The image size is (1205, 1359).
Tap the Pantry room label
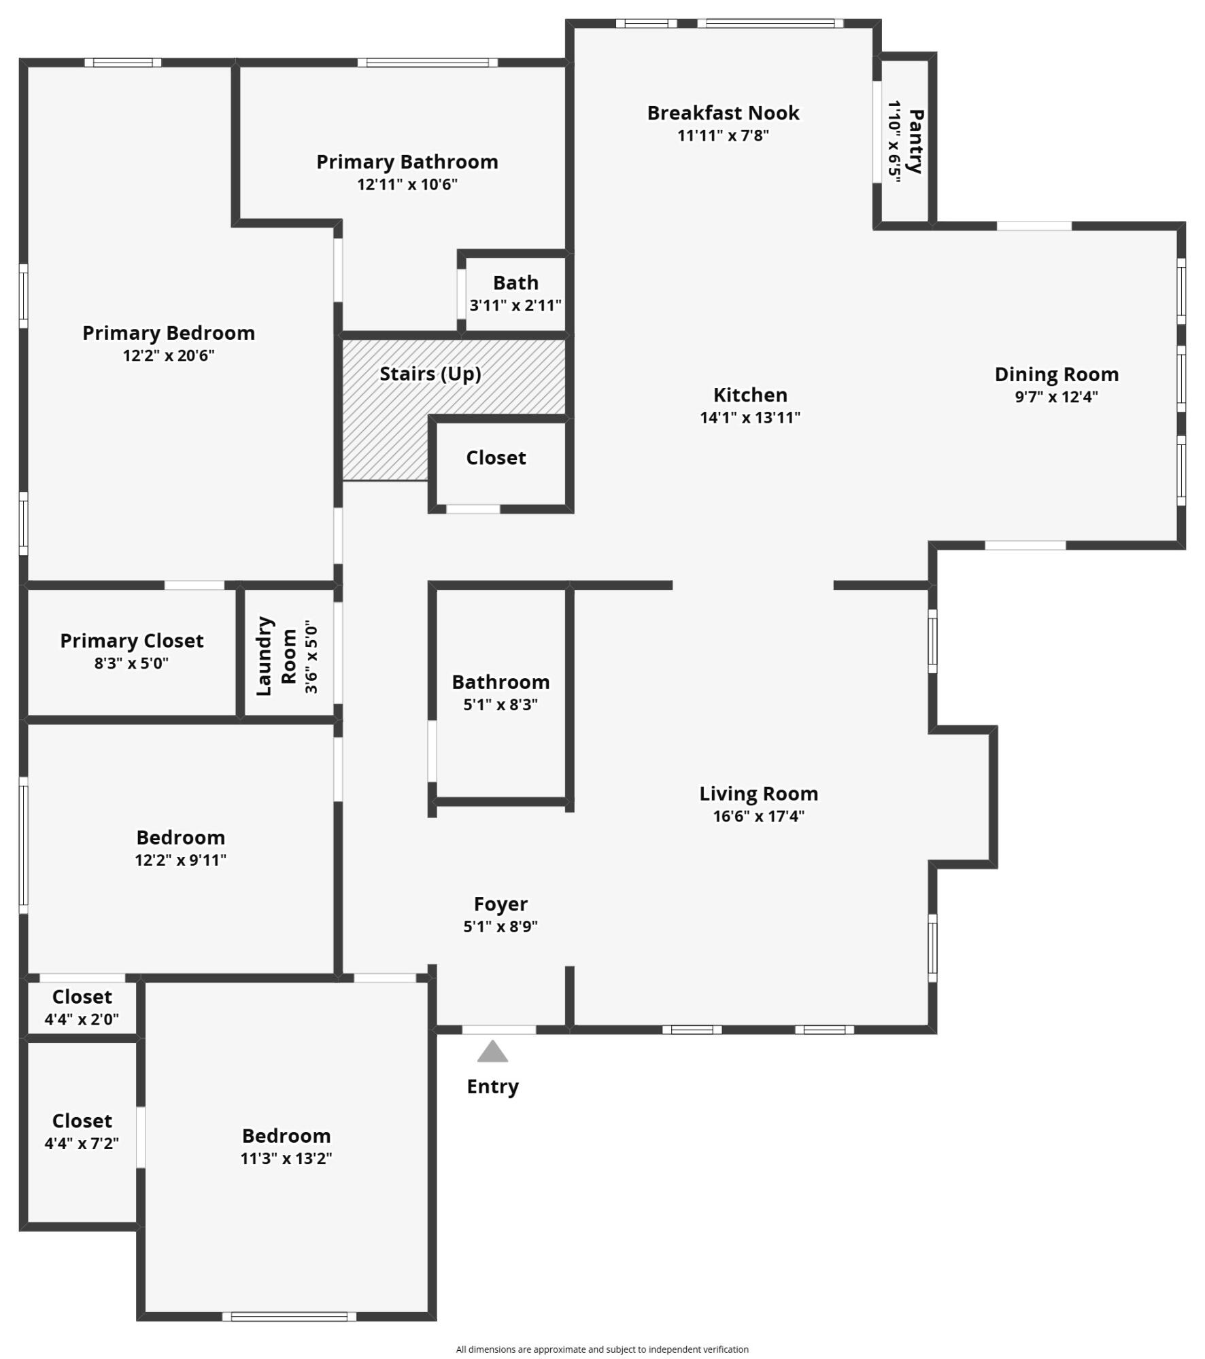click(916, 141)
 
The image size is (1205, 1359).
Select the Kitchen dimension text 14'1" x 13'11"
click(750, 417)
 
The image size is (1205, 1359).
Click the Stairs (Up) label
click(430, 374)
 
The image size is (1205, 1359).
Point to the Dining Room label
click(1056, 374)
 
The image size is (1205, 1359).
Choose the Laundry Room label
click(276, 656)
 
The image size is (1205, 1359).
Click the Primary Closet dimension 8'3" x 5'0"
click(131, 663)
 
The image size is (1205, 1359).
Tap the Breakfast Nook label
click(723, 113)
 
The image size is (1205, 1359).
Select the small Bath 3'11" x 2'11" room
click(515, 293)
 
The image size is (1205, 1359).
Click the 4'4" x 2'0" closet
click(82, 1008)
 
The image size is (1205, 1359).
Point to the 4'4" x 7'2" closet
click(82, 1133)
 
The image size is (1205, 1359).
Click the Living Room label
click(758, 794)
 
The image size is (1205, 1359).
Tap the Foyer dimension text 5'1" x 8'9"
click(500, 926)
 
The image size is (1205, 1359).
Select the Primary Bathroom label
click(407, 162)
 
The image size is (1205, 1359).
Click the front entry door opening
click(499, 1029)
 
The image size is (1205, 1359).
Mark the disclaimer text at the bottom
click(602, 1349)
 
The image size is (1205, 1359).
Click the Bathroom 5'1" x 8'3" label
click(500, 682)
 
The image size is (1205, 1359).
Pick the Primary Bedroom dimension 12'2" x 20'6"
click(169, 355)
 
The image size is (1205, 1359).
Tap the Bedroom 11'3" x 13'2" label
click(286, 1136)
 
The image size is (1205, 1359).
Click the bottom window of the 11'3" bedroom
click(289, 1317)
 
